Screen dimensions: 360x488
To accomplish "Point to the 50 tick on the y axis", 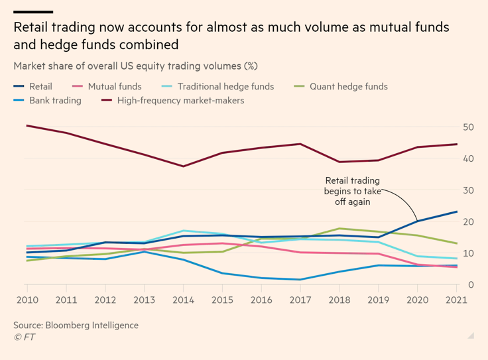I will pyautogui.click(x=468, y=127).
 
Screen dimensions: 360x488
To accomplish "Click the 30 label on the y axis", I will pyautogui.click(x=468, y=190).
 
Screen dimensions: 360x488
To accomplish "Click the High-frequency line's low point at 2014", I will pyautogui.click(x=183, y=166).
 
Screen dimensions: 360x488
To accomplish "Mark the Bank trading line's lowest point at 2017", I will pyautogui.click(x=301, y=280).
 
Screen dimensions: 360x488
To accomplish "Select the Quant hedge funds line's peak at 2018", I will pyautogui.click(x=339, y=229).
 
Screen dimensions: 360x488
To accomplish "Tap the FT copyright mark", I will pyautogui.click(x=25, y=337).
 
